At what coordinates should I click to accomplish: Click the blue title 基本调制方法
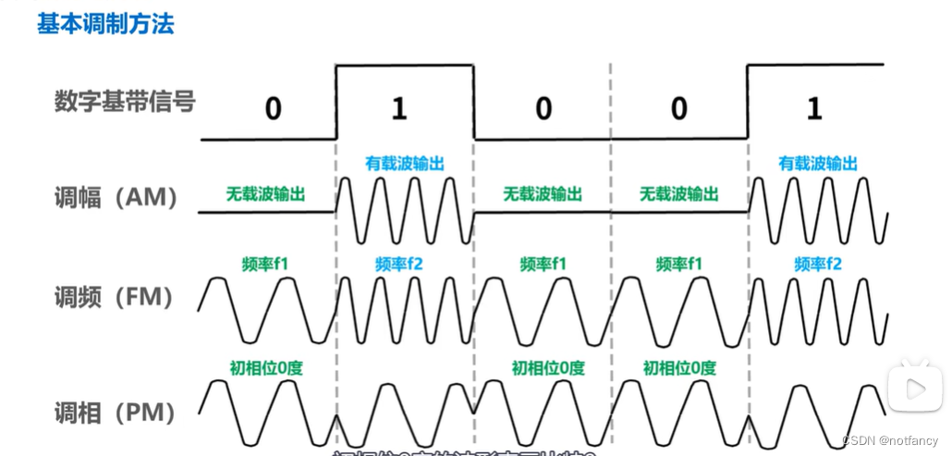105,25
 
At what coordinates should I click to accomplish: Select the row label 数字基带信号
125,102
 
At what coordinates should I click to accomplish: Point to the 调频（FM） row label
116,297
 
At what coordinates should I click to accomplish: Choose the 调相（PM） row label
116,411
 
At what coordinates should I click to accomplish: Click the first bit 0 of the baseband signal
272,109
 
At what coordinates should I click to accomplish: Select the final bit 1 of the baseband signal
813,109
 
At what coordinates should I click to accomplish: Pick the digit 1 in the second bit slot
398,109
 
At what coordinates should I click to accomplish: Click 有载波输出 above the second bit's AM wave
405,164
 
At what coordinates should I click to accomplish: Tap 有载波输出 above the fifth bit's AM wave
817,164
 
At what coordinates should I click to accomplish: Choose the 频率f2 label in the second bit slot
400,265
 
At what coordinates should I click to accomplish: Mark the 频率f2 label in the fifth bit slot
818,265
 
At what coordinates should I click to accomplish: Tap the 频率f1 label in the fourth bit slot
679,265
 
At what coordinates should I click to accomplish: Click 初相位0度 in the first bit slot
266,367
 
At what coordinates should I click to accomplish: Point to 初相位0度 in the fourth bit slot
679,367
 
